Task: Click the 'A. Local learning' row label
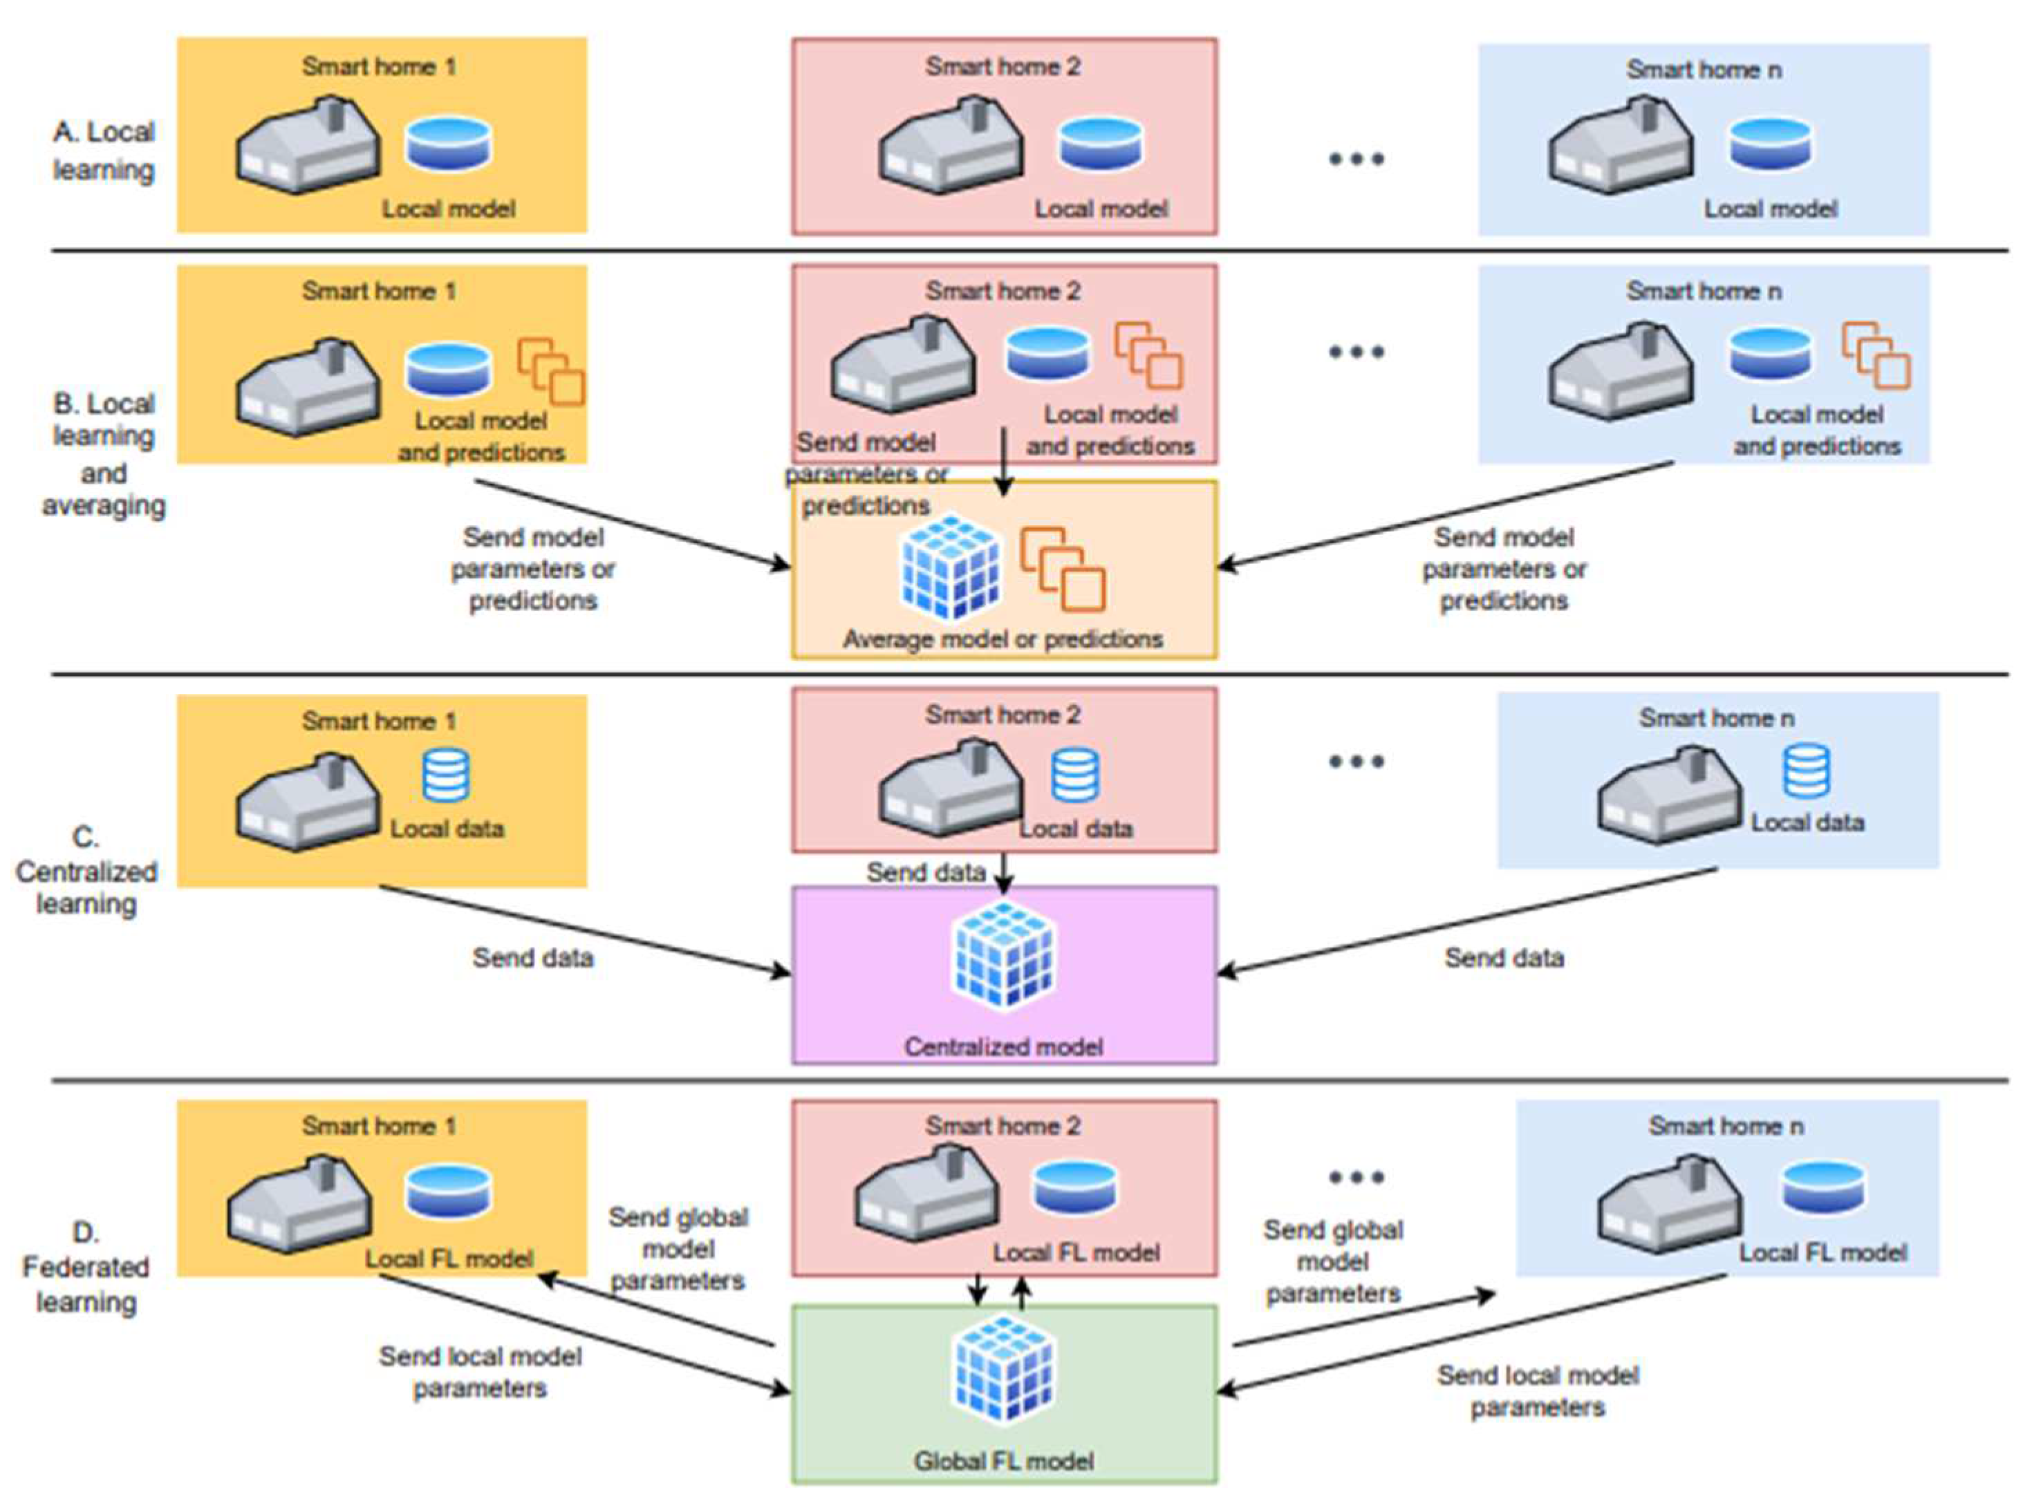(x=103, y=151)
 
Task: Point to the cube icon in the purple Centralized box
(x=1004, y=954)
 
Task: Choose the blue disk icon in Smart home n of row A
(x=1771, y=144)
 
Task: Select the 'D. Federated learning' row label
(x=86, y=1267)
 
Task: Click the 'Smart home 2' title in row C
(x=1003, y=715)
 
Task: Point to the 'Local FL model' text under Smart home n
(x=1822, y=1252)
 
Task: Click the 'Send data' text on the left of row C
(x=532, y=958)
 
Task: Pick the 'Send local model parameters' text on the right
(x=1538, y=1391)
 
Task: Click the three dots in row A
(x=1356, y=159)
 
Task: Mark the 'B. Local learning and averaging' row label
(x=103, y=453)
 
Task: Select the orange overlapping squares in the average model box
(x=1062, y=569)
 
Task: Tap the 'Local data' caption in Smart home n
(x=1807, y=822)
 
